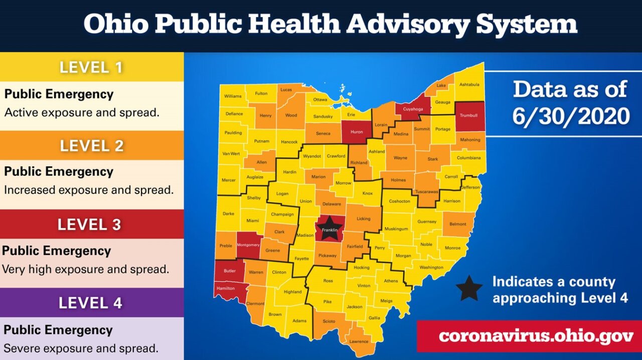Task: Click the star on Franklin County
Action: tap(330, 229)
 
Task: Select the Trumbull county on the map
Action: tap(469, 116)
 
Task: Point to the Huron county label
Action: tap(357, 132)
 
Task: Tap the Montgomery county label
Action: tap(248, 245)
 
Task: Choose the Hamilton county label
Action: tap(226, 289)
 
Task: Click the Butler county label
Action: tap(230, 271)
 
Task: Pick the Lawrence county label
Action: tap(359, 341)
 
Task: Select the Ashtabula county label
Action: tap(469, 84)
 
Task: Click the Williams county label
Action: tap(233, 96)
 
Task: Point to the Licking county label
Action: tap(364, 219)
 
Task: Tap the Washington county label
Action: tap(431, 267)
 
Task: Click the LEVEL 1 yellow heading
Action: tap(91, 67)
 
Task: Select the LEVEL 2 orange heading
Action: tap(91, 145)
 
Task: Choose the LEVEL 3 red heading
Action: tap(89, 224)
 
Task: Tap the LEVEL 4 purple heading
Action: tap(90, 303)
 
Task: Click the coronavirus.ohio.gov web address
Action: tap(529, 335)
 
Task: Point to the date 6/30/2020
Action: tap(571, 116)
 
